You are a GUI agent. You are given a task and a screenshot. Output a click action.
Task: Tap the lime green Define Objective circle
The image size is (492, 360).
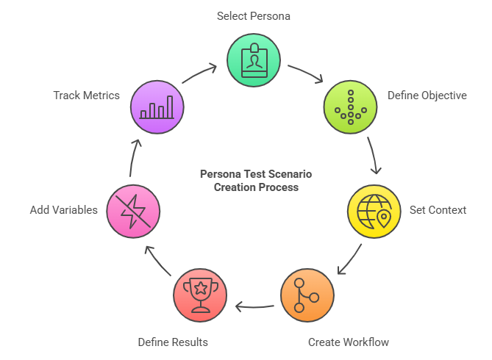pyautogui.click(x=351, y=107)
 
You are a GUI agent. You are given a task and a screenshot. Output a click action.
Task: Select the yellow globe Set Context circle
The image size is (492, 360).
pyautogui.click(x=374, y=211)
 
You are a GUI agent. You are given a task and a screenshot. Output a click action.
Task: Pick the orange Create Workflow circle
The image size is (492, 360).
pyautogui.click(x=307, y=295)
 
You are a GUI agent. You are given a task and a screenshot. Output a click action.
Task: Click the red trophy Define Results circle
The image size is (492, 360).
pyautogui.click(x=200, y=295)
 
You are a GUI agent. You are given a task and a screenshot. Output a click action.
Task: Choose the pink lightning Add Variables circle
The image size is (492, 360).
pyautogui.click(x=133, y=211)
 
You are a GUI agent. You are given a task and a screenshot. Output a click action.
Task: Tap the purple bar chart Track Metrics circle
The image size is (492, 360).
pyautogui.click(x=157, y=107)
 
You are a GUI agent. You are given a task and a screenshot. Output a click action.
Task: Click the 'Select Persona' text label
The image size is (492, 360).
pyautogui.click(x=253, y=15)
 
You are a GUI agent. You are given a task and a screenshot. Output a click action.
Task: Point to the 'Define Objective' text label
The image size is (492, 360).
pyautogui.click(x=427, y=96)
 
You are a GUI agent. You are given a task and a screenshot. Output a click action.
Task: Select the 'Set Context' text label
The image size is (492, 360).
pyautogui.click(x=438, y=210)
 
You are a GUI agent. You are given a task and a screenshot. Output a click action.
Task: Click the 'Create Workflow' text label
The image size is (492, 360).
pyautogui.click(x=349, y=342)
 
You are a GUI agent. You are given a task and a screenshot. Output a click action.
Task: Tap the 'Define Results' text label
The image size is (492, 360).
pyautogui.click(x=173, y=342)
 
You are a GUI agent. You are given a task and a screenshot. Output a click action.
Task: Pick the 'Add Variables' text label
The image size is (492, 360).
pyautogui.click(x=64, y=210)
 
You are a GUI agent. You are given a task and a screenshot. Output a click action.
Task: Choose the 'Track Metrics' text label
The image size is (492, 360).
pyautogui.click(x=86, y=96)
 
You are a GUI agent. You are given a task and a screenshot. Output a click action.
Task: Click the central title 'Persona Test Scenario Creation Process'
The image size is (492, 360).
pyautogui.click(x=256, y=181)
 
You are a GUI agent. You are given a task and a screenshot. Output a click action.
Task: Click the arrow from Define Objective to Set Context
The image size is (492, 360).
pyautogui.click(x=374, y=156)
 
